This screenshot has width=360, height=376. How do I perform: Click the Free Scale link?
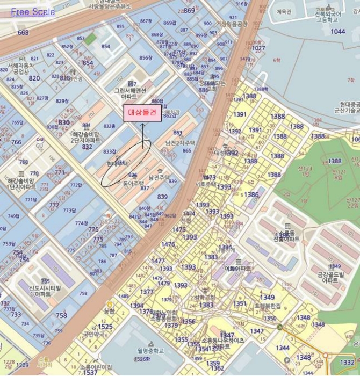33,11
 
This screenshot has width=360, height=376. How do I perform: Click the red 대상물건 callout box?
142,113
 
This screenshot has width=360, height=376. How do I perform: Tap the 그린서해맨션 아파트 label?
129,93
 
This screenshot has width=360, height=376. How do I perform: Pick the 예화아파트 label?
237,268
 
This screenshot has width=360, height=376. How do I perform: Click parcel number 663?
23,33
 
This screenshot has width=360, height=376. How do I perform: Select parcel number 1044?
338,32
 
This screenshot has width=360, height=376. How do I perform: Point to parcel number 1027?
258,48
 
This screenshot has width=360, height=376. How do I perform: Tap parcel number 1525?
105,327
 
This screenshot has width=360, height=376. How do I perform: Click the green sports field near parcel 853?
91,38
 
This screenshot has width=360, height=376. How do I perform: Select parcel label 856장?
146,57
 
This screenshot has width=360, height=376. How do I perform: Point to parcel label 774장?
81,223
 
